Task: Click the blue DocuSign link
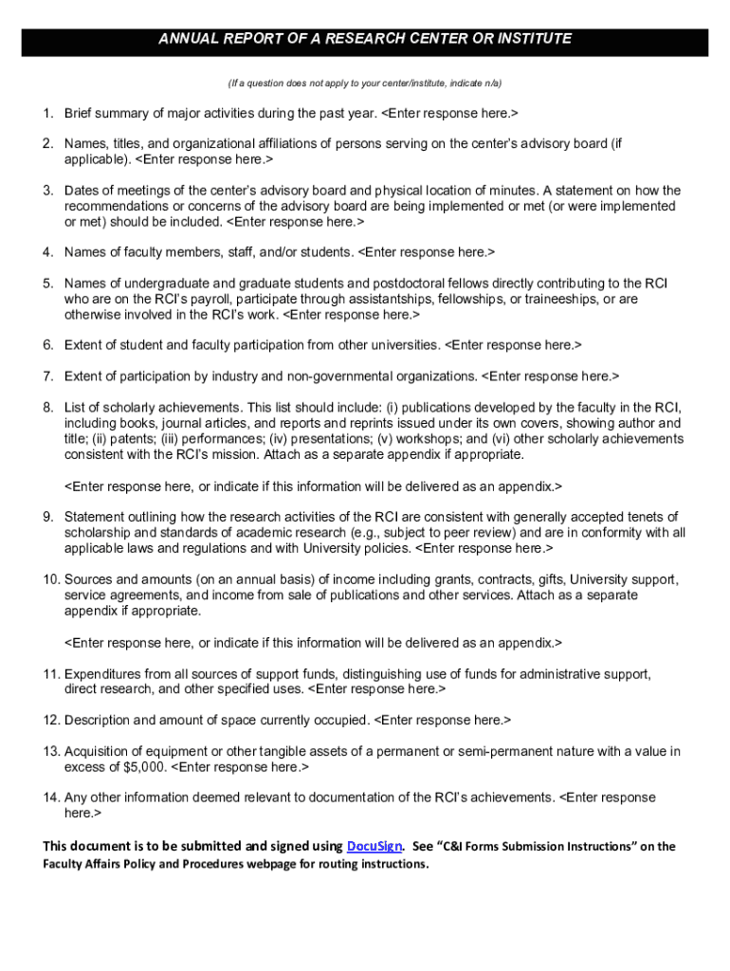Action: pos(376,846)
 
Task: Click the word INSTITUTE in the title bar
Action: pos(534,39)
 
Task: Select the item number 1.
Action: pos(46,114)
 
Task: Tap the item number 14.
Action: pos(50,797)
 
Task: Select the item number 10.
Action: pos(50,579)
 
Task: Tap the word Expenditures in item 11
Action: pos(105,673)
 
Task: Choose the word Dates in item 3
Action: pos(82,191)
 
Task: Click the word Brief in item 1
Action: pos(81,114)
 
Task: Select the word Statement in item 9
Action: pos(97,517)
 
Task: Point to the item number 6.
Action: pos(46,345)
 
